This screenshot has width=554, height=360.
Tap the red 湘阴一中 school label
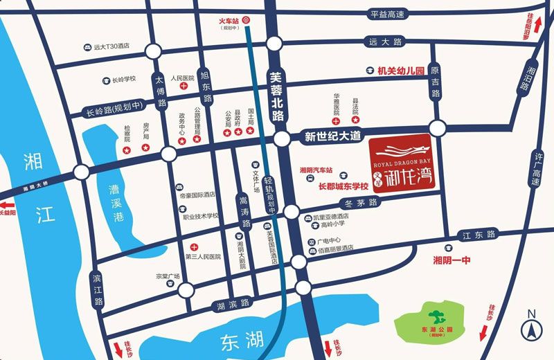click(x=451, y=260)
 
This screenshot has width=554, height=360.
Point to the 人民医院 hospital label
click(x=182, y=79)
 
